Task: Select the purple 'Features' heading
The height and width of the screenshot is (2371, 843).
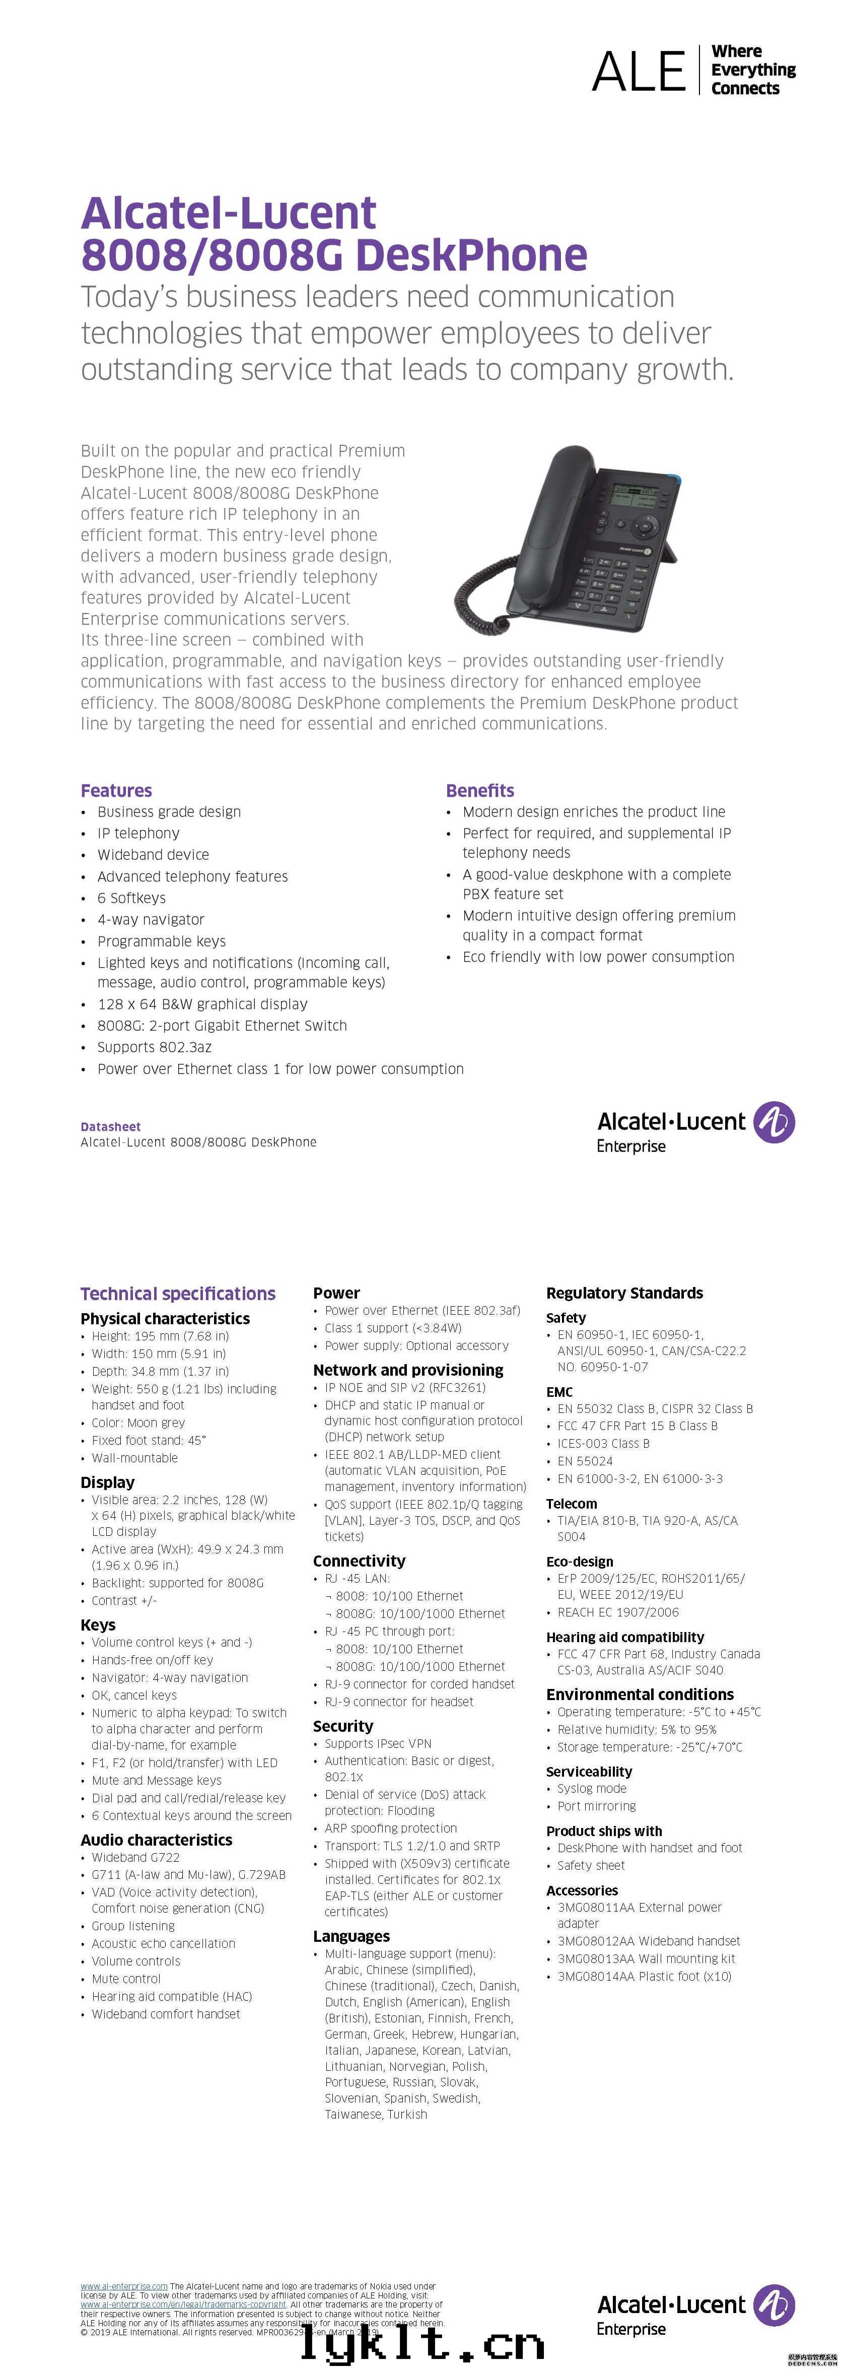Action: pyautogui.click(x=116, y=791)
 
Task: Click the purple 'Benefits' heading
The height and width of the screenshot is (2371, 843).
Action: pyautogui.click(x=479, y=791)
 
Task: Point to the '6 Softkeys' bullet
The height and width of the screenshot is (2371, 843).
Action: pyautogui.click(x=131, y=898)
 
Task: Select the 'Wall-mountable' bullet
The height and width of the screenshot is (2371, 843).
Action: pyautogui.click(x=134, y=1458)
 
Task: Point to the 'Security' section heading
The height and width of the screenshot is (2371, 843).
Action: pyautogui.click(x=342, y=1726)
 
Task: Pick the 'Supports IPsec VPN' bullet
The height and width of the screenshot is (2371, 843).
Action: pyautogui.click(x=377, y=1743)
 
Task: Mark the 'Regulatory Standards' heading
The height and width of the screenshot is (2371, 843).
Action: pyautogui.click(x=624, y=1293)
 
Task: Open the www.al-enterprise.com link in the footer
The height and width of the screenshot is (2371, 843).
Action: pyautogui.click(x=123, y=2285)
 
